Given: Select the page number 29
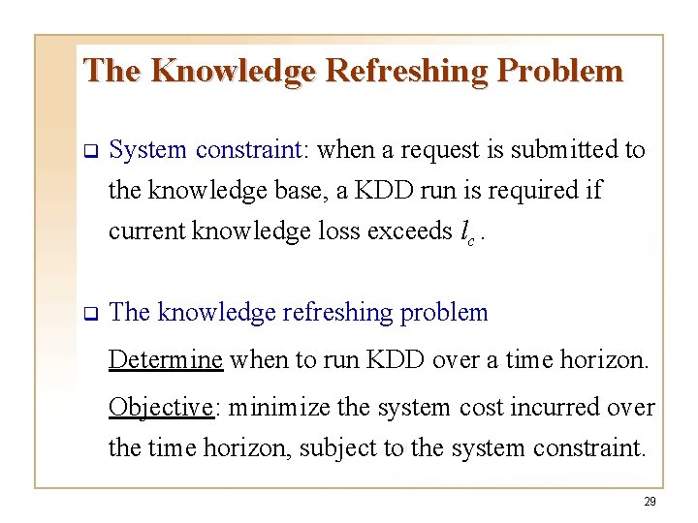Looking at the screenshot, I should pos(650,502).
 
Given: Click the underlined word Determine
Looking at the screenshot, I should pos(166,360).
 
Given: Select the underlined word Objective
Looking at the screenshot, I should pos(160,407).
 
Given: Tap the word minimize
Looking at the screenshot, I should pos(275,407).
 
